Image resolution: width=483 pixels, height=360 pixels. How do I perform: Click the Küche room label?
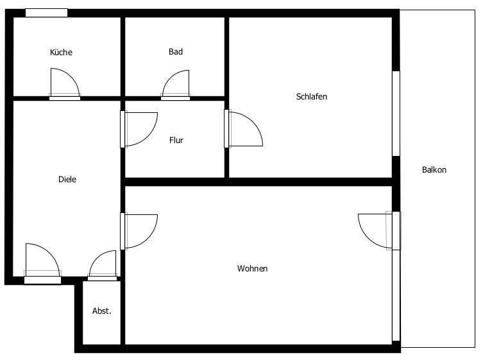pos(61,52)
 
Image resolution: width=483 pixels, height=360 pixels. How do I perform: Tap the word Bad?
pos(176,51)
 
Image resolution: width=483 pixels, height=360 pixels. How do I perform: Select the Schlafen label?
pos(312,96)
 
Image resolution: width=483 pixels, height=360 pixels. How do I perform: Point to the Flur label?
pos(176,141)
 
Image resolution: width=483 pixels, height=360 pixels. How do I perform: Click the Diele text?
pos(67,179)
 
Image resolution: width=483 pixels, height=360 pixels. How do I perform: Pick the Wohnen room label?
pos(252,268)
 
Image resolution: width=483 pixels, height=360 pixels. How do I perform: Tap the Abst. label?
pos(101,311)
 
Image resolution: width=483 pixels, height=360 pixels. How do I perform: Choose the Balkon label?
pos(434,169)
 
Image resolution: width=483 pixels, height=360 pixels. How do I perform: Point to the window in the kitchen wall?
pos(47,13)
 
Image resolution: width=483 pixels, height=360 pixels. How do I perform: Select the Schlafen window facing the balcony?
pos(396,114)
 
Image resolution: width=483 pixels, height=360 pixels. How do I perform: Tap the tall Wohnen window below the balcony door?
pos(396,295)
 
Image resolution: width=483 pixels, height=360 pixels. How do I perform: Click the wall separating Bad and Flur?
pos(174,98)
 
